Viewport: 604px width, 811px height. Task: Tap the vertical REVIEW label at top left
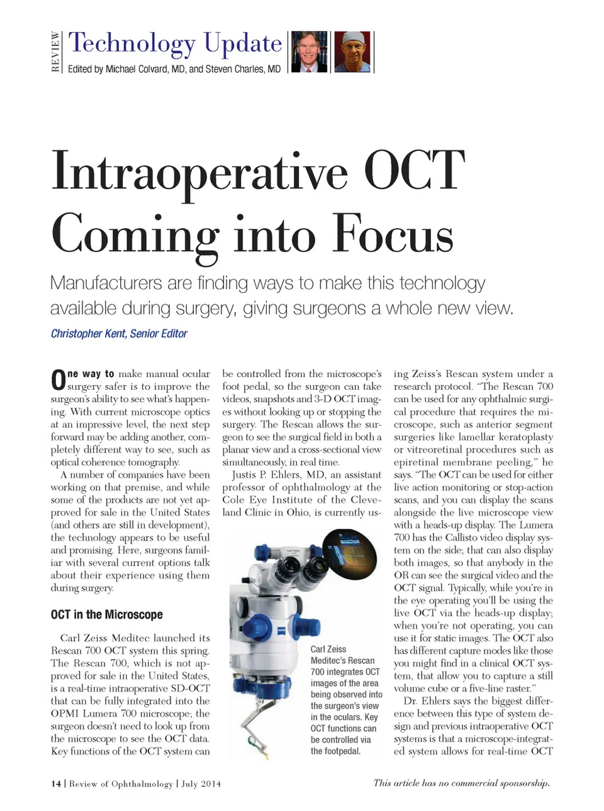(x=55, y=52)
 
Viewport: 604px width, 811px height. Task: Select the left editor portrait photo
(x=310, y=52)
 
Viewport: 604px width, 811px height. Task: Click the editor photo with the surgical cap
(x=352, y=52)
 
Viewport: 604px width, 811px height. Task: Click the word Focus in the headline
(x=393, y=234)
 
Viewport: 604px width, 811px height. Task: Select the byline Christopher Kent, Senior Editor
(x=119, y=334)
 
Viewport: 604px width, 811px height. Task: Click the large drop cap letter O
(x=58, y=380)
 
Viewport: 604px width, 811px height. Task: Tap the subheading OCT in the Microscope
(x=106, y=614)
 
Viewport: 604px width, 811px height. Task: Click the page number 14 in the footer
(x=56, y=783)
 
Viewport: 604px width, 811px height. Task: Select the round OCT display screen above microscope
(x=348, y=553)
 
